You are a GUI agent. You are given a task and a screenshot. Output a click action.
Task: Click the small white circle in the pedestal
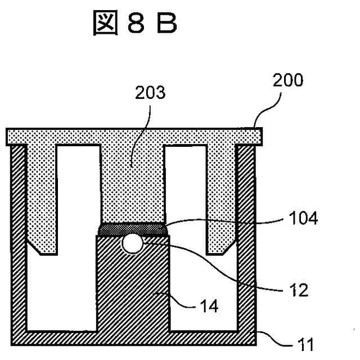click(132, 243)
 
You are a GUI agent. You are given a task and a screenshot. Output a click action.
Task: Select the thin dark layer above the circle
click(132, 228)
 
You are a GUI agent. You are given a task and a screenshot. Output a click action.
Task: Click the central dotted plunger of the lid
click(132, 180)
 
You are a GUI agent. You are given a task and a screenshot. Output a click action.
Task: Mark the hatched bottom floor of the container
click(133, 337)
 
